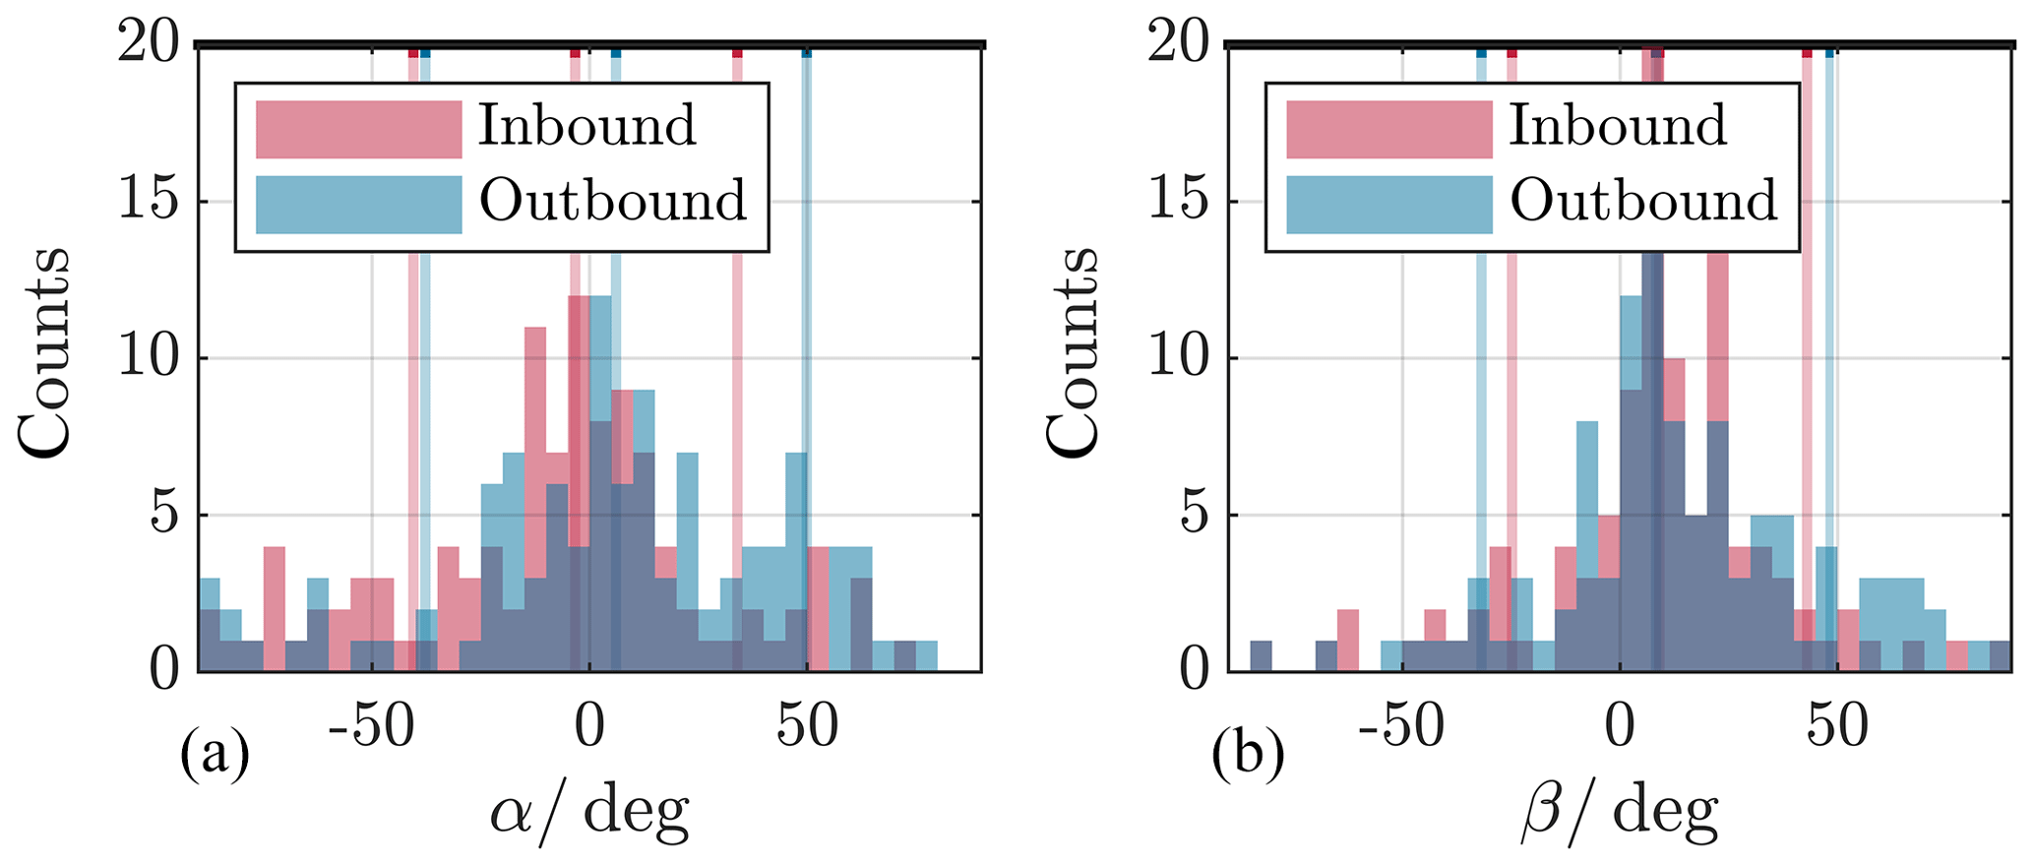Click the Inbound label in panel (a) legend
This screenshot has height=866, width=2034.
[586, 126]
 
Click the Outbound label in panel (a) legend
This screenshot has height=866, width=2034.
[612, 202]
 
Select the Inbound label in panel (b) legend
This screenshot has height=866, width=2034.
[1617, 126]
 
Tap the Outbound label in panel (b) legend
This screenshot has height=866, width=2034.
[1643, 202]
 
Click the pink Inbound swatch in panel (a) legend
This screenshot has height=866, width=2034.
[358, 129]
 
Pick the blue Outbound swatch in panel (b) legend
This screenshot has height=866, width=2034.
[1388, 205]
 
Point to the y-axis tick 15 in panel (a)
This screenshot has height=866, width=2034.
[150, 202]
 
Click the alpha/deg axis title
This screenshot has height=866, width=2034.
[589, 813]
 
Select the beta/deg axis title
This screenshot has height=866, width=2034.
[1619, 813]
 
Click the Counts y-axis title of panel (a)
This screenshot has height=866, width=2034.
[45, 351]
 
